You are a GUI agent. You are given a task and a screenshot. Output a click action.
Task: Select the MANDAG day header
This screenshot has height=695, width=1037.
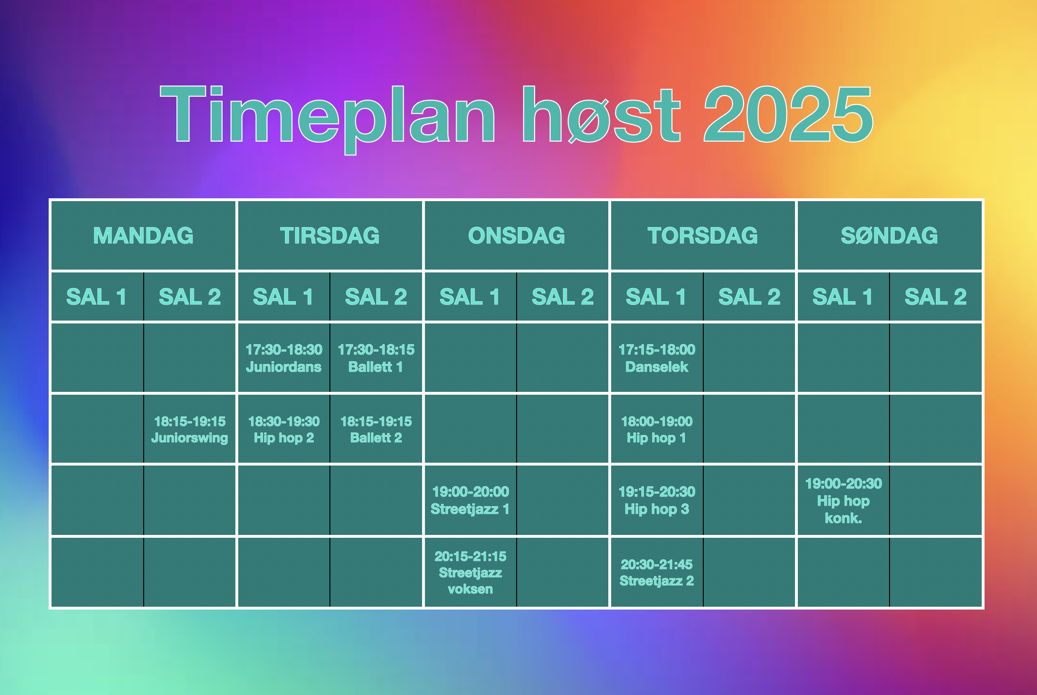[x=143, y=235]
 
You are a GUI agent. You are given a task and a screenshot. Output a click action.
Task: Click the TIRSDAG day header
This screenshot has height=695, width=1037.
[x=330, y=235]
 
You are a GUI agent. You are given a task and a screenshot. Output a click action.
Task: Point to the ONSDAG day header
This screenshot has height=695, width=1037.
[x=517, y=235]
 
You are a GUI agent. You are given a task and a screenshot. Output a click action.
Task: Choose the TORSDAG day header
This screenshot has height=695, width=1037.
[x=703, y=235]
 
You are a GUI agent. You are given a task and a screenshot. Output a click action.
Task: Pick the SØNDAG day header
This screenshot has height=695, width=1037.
[x=890, y=235]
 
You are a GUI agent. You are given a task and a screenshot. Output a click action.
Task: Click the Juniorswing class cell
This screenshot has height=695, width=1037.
[x=190, y=429]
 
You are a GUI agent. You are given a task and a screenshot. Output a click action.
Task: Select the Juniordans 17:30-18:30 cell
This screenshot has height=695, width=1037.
[x=284, y=357]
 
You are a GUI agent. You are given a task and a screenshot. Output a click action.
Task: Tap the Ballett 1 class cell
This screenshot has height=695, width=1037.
[x=376, y=357]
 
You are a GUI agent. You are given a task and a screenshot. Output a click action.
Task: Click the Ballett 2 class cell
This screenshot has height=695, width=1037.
[x=376, y=429]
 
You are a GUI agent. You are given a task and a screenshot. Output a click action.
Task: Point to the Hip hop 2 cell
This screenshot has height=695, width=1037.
[x=284, y=429]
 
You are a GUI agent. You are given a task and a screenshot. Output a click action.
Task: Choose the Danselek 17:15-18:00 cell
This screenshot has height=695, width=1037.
[x=657, y=357]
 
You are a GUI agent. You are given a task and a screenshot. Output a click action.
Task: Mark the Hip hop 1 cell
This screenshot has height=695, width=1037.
[x=657, y=429]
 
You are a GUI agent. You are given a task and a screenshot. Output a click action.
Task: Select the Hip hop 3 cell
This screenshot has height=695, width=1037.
[x=657, y=500]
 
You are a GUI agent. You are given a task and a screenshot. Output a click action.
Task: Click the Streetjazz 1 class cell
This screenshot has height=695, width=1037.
[x=470, y=500]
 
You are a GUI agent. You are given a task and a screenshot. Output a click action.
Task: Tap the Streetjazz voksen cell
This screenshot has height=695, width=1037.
[x=470, y=572]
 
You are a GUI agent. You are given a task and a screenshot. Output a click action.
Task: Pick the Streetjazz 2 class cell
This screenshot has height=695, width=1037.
[x=657, y=572]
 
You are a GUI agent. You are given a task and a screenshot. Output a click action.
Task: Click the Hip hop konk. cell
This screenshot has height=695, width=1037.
[x=844, y=500]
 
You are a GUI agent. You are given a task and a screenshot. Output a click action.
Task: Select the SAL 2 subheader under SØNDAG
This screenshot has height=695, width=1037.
[x=936, y=297]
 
